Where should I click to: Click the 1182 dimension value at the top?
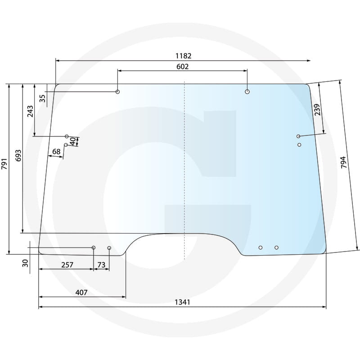tap(183, 56)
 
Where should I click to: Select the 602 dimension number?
tap(183, 67)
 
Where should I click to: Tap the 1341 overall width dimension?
tap(182, 302)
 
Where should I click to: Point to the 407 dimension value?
tap(81, 292)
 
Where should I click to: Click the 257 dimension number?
tap(67, 265)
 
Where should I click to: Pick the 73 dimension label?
tap(101, 265)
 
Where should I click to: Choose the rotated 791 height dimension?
tap(4, 164)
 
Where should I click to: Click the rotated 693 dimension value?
tap(18, 155)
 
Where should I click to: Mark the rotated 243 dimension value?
tap(30, 111)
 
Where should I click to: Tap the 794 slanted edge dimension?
tap(343, 162)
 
